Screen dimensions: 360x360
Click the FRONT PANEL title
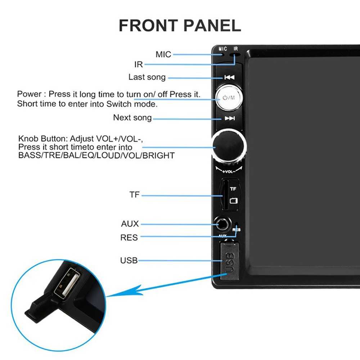[180, 26]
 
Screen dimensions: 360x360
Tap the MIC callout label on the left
[163, 54]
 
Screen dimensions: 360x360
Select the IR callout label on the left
[139, 64]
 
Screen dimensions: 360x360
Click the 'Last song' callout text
[147, 77]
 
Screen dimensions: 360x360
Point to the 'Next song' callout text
[132, 118]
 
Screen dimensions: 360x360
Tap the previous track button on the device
[229, 77]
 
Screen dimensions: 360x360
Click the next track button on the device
[229, 118]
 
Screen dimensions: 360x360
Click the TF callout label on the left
[134, 195]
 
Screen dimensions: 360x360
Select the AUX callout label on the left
[130, 224]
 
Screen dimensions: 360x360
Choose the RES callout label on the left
[129, 238]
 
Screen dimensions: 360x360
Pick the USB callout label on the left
[129, 260]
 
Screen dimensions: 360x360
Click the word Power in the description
[29, 94]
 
